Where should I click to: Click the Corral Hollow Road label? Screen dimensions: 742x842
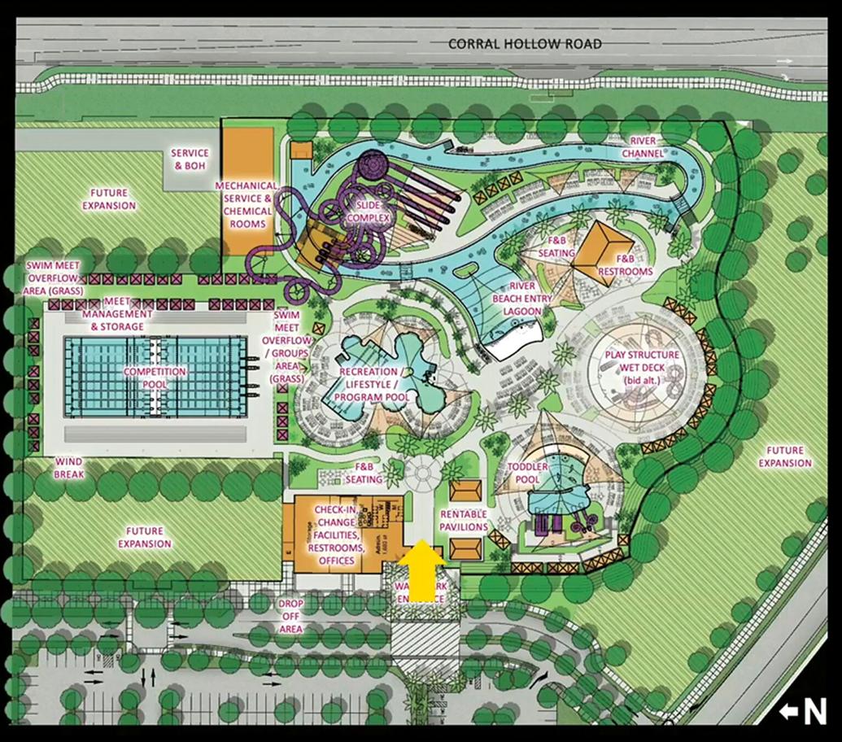pos(526,43)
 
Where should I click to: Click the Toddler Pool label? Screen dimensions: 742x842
pos(530,474)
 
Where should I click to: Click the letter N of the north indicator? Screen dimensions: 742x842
pos(814,711)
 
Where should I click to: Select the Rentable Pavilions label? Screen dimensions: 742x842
pos(464,521)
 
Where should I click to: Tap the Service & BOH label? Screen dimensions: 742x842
pos(190,159)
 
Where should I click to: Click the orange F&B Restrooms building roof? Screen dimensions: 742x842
pos(603,252)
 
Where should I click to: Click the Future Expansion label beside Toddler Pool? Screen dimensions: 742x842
pos(784,456)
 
